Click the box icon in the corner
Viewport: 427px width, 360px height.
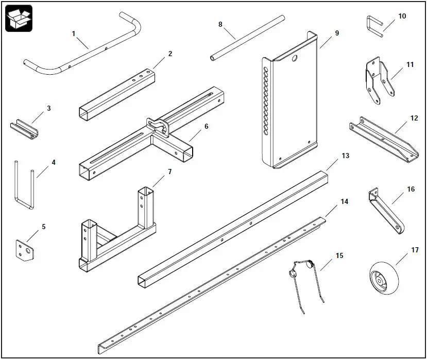tap(19, 18)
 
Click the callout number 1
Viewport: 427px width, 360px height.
tap(74, 33)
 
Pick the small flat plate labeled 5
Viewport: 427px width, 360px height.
tap(23, 250)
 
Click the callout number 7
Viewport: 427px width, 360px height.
tap(169, 171)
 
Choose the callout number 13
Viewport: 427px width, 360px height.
tap(345, 155)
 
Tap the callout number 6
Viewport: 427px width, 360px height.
tap(206, 125)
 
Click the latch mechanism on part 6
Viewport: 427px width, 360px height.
tap(158, 127)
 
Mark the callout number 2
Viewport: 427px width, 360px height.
tap(170, 53)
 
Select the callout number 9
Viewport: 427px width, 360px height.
tap(337, 33)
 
